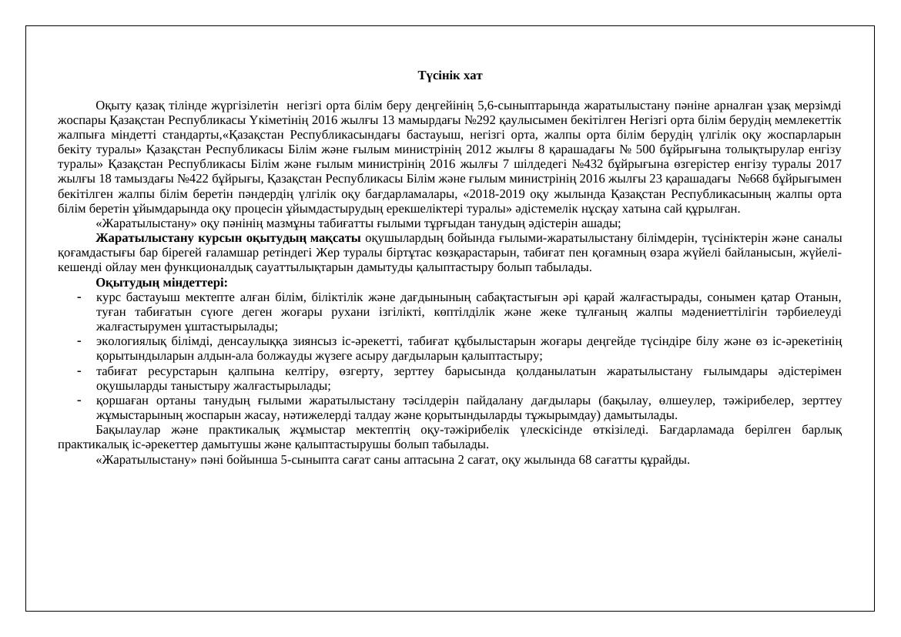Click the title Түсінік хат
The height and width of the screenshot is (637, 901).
pos(450,75)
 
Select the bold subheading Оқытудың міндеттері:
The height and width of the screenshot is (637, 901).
pos(162,282)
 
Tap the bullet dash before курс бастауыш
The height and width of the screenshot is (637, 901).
pos(79,297)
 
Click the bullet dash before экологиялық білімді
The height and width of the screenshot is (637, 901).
pos(79,341)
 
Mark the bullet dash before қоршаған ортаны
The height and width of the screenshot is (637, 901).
pos(79,401)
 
